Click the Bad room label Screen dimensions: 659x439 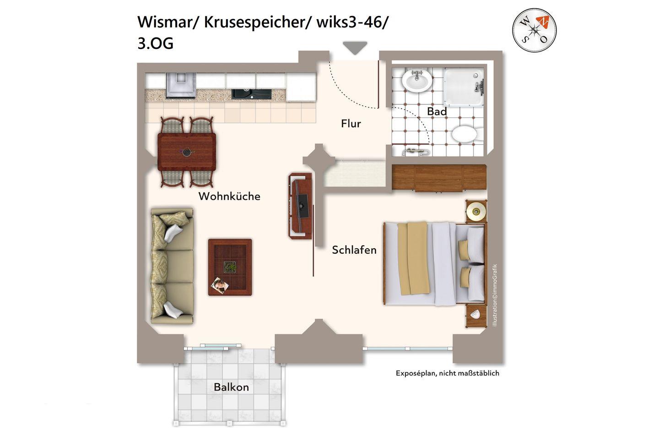(437, 112)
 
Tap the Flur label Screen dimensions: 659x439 (351, 123)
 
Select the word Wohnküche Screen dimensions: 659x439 (229, 196)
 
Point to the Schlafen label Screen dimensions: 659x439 (354, 250)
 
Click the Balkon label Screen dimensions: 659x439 (231, 387)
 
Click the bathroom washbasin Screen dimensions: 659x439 (417, 80)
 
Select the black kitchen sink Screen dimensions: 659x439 (251, 94)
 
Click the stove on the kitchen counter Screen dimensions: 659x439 (181, 85)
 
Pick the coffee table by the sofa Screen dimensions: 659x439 (230, 267)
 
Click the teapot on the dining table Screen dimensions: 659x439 (187, 152)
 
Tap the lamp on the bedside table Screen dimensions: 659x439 (476, 211)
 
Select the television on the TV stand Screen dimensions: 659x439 (301, 205)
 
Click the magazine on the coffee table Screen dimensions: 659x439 (220, 284)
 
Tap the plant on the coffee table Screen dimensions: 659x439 (230, 267)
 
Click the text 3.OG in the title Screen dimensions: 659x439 (155, 43)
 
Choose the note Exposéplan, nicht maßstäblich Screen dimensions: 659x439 (448, 373)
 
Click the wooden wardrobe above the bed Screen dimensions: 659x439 (439, 178)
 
